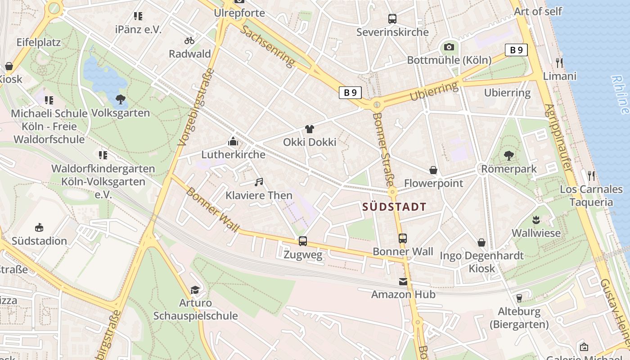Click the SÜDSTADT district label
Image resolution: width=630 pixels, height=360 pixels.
coord(394,207)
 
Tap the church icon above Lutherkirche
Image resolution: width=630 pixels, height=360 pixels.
coord(233,141)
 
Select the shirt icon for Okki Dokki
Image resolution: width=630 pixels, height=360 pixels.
coord(309,129)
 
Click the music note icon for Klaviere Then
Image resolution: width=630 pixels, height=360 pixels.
coord(258,182)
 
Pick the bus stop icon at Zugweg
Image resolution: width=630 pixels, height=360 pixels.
coord(303,241)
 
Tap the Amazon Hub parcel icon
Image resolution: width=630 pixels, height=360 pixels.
coord(403,282)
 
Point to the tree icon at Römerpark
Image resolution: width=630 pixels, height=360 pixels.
coord(508,156)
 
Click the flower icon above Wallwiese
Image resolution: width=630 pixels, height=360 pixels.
coord(535,220)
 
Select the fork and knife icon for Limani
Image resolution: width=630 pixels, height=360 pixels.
coord(559,63)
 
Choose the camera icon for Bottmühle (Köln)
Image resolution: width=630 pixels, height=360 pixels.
coord(449,47)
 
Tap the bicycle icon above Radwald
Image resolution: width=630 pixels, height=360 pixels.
coord(189,40)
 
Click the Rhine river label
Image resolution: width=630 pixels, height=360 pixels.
coord(621,94)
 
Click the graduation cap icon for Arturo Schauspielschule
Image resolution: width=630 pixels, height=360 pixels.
coord(195,289)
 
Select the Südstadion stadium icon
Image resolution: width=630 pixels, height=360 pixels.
coord(39,227)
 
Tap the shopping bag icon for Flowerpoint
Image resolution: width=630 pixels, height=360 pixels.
coord(433,170)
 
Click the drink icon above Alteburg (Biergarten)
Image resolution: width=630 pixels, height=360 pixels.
coord(519,298)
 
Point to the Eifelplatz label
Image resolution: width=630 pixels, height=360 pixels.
coord(38,42)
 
